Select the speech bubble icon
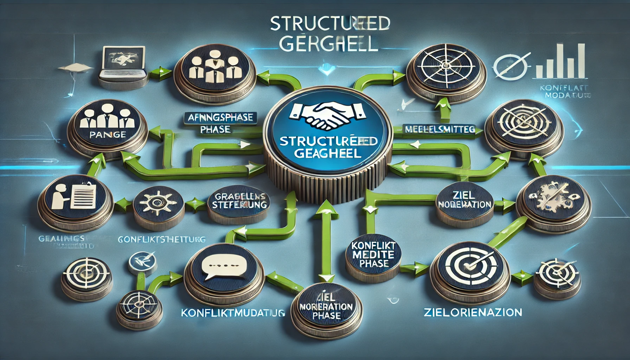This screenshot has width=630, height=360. pos(224,269)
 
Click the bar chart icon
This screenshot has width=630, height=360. pos(561,62)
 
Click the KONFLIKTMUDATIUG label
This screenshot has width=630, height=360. pos(233,312)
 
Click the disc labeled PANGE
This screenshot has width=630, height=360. pos(107,127)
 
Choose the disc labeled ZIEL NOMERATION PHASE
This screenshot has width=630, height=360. pos(327,309)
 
